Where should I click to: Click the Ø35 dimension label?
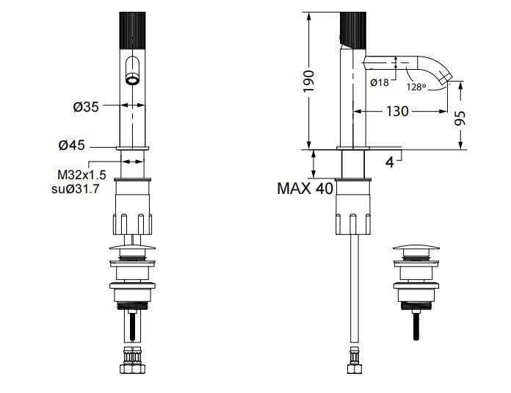coord(86,107)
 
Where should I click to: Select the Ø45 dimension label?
coord(72,145)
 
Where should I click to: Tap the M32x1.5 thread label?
coord(81,175)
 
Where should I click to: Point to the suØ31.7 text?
coord(76,190)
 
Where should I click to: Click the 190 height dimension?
coord(308,81)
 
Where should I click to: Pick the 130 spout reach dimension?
coord(397,111)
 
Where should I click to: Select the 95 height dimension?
coord(460,118)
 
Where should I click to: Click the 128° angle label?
coord(416,87)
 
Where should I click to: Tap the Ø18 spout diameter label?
coord(380,82)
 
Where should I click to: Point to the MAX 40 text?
coord(305,189)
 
